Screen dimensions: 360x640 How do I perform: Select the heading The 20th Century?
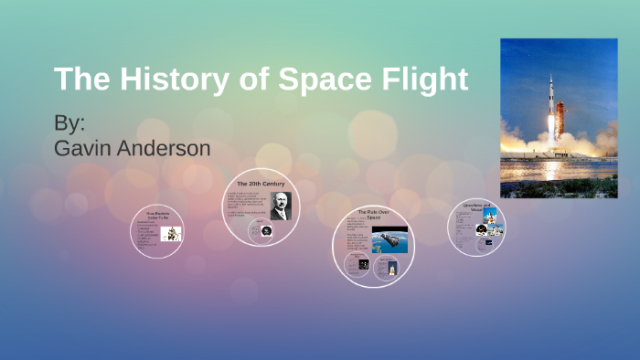261,184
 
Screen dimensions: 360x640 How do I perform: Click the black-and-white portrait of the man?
280,206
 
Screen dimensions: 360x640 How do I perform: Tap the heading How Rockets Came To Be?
157,216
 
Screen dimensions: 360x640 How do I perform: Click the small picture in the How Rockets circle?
171,234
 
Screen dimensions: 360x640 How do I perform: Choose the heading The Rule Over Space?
373,214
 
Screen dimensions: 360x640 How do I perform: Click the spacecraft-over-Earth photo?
389,238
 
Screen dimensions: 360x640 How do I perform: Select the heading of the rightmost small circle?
476,206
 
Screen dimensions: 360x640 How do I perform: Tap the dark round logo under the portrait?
265,232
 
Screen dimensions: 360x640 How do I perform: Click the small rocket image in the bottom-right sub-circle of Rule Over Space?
391,267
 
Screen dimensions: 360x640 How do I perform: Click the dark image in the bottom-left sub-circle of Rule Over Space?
363,264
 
